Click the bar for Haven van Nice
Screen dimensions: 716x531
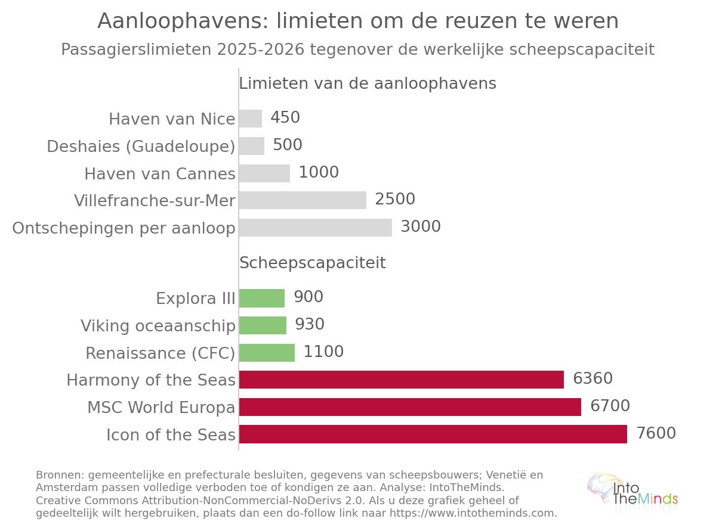tap(251, 119)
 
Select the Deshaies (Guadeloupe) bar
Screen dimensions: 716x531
tap(252, 146)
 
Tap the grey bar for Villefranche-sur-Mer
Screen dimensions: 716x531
tap(303, 200)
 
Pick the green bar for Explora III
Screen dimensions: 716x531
tap(262, 298)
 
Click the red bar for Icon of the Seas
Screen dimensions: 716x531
tap(433, 434)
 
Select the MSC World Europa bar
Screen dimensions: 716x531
tap(410, 407)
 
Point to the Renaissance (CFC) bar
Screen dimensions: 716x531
tap(267, 353)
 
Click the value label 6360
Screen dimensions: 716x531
tap(592, 378)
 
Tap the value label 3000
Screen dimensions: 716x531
tap(421, 226)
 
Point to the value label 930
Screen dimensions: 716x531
tap(310, 324)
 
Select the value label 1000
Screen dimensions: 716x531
tap(319, 172)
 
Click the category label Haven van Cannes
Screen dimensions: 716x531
tap(160, 174)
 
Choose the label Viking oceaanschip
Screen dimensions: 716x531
tap(158, 326)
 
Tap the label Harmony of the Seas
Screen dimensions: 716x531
tap(151, 380)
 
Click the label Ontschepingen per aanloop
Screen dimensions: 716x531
tap(124, 228)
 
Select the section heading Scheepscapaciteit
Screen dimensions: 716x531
tap(313, 263)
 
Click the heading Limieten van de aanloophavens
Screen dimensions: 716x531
tap(368, 83)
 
